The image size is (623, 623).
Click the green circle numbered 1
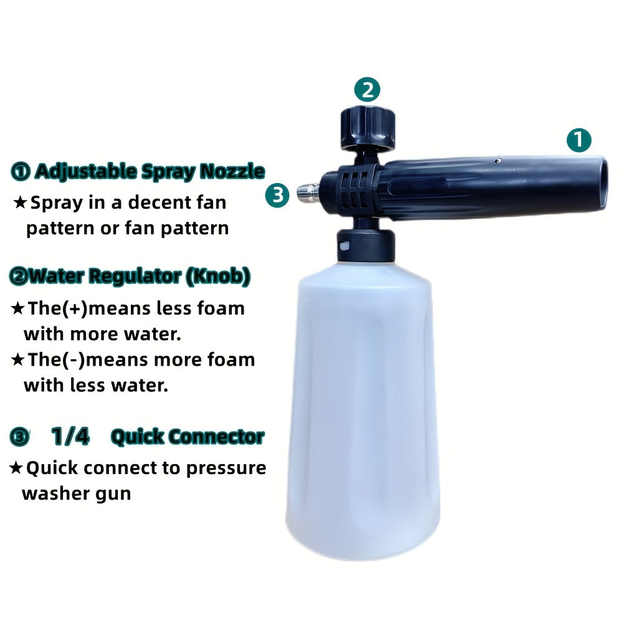tap(579, 140)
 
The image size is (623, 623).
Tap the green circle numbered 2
tap(368, 90)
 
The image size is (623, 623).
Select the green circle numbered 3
tap(278, 195)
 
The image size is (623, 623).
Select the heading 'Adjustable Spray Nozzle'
tap(149, 171)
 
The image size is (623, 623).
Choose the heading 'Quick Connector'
tap(188, 437)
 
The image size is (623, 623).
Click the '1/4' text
tap(70, 437)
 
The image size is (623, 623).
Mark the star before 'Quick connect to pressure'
tap(17, 468)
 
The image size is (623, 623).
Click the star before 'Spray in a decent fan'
tap(21, 202)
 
